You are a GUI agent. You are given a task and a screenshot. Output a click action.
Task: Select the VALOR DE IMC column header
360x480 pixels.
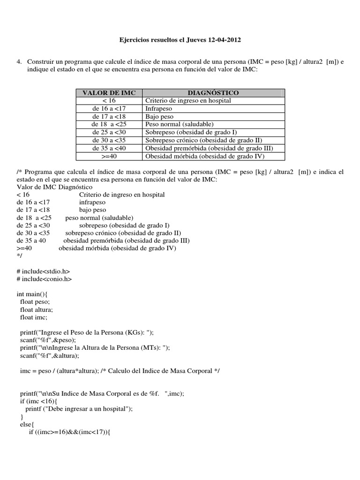click(109, 93)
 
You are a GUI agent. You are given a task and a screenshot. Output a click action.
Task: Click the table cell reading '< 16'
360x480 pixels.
click(109, 100)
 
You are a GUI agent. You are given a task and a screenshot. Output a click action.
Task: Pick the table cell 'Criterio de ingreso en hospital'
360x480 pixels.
click(188, 100)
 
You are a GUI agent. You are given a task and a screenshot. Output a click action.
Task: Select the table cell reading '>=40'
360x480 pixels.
click(109, 156)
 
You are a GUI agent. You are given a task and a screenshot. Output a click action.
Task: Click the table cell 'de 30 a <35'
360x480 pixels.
click(109, 140)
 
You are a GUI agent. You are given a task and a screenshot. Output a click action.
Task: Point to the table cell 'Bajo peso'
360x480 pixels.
click(159, 116)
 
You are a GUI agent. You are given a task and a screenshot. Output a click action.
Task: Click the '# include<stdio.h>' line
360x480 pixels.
click(43, 271)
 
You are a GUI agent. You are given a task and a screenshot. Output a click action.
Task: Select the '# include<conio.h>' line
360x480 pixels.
click(44, 279)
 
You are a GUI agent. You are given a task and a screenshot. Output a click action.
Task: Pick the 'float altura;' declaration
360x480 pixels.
click(37, 310)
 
